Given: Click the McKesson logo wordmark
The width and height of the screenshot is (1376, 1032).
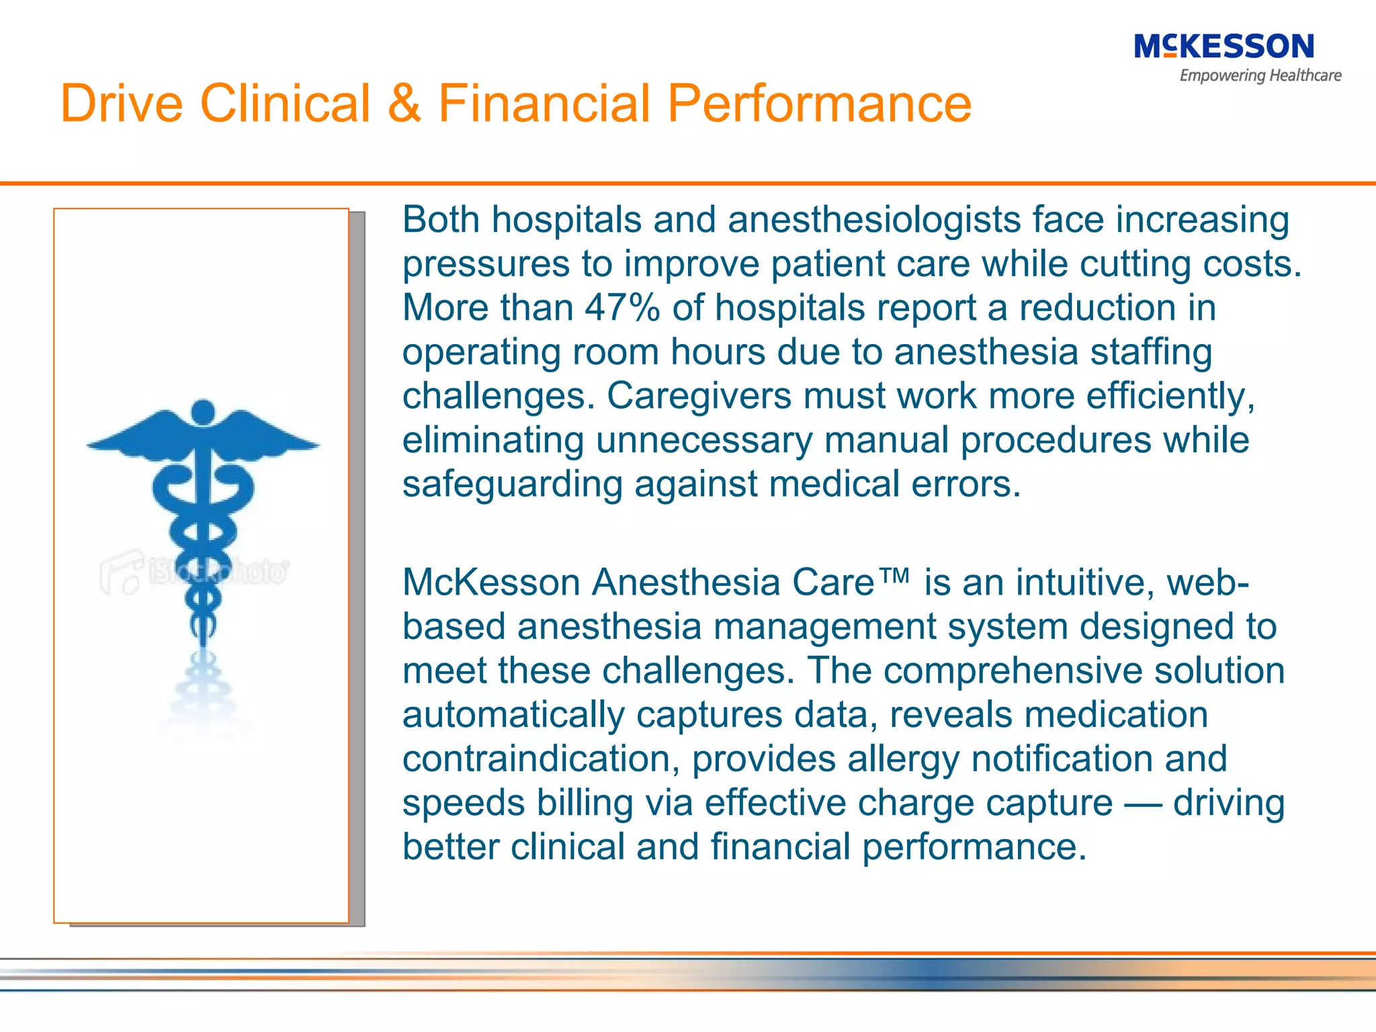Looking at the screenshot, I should (x=1223, y=47).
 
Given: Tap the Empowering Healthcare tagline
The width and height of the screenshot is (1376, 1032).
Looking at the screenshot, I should (x=1260, y=76).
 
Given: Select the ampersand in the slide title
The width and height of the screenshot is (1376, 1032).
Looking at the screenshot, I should (x=404, y=103).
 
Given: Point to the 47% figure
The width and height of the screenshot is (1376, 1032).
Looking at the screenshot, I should (x=622, y=308).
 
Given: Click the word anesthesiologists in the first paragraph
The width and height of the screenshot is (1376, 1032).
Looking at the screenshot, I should (x=873, y=220).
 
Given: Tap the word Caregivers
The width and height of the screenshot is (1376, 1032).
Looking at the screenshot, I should (x=699, y=396).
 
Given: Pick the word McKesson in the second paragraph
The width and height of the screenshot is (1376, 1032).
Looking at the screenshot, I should (x=490, y=583).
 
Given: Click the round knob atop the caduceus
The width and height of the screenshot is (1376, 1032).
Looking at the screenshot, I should (x=203, y=411).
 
